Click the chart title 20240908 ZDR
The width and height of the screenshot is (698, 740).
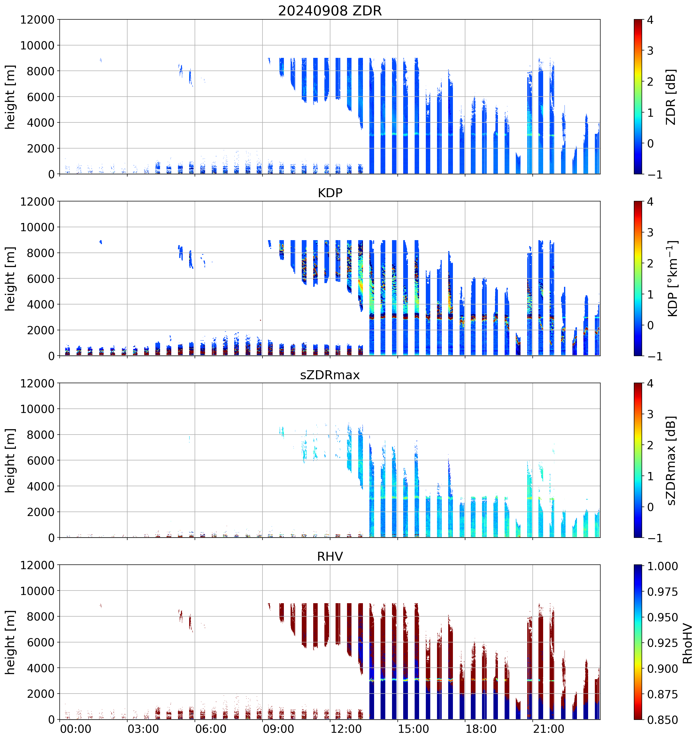point(330,11)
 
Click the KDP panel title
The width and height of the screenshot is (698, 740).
point(330,193)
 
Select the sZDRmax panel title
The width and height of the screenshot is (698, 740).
point(330,375)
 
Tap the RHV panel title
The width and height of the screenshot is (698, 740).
point(330,556)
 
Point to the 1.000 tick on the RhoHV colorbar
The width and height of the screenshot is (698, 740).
point(662,566)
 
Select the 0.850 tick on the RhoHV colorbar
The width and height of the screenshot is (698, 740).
point(662,720)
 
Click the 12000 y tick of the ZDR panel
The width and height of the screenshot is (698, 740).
point(37,20)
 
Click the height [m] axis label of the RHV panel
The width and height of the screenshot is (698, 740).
point(10,642)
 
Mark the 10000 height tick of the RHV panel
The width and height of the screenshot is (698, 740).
point(37,591)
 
